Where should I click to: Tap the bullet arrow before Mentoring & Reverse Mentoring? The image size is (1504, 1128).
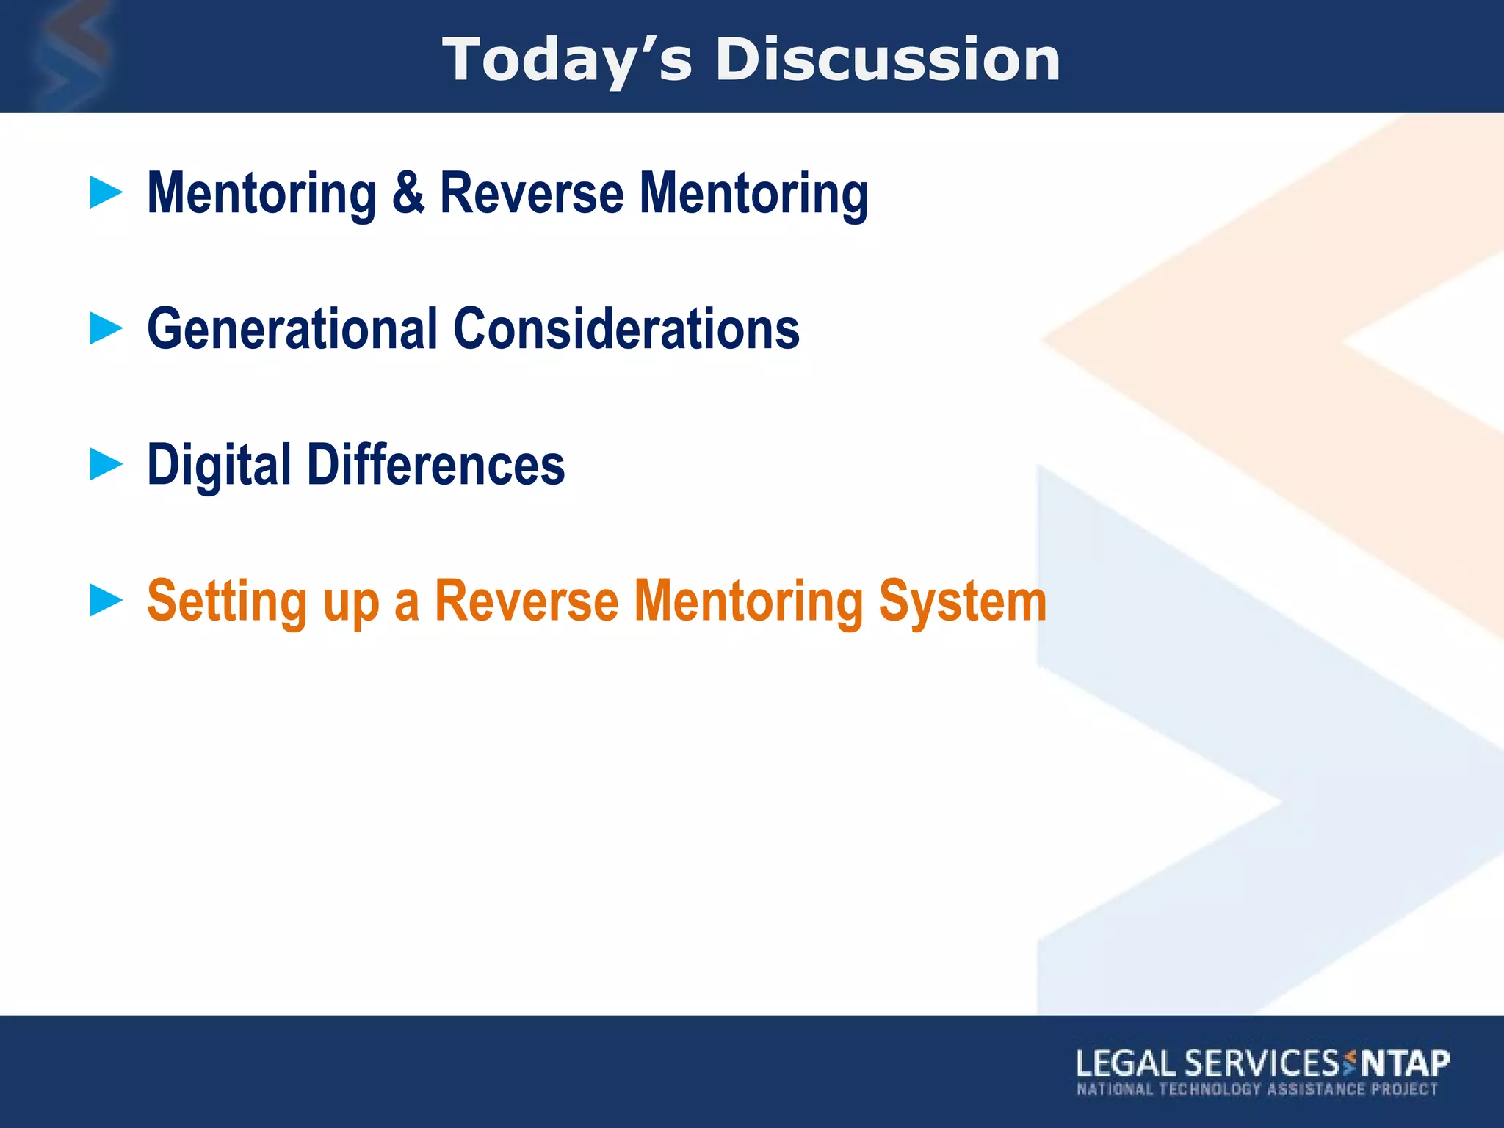point(106,192)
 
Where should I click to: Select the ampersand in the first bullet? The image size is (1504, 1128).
point(408,192)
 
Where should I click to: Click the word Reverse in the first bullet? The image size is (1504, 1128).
point(532,192)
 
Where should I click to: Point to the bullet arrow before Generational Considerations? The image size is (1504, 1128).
point(106,328)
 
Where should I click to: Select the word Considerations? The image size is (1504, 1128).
point(626,328)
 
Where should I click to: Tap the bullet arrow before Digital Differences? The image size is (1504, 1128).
point(106,464)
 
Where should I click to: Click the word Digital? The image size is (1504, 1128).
point(219,466)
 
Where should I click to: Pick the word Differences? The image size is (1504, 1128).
point(435,464)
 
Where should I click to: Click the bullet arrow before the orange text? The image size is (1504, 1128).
point(106,600)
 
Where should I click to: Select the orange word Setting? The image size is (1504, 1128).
point(227,601)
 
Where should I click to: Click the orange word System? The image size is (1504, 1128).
point(962,601)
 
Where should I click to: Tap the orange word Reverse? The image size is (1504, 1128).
point(527,600)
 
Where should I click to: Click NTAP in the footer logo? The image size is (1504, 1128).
point(1404,1063)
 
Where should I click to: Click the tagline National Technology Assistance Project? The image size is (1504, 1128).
point(1257,1089)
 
